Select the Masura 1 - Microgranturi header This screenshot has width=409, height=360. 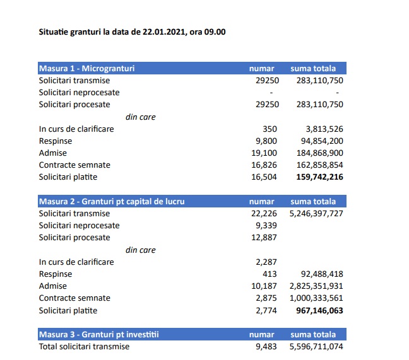[86, 68]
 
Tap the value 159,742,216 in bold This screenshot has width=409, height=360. [319, 177]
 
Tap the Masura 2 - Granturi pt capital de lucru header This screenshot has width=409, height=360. [110, 201]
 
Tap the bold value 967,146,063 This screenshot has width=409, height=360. [319, 310]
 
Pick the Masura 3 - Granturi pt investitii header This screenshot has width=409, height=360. [95, 334]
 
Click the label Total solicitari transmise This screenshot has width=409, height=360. [84, 346]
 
